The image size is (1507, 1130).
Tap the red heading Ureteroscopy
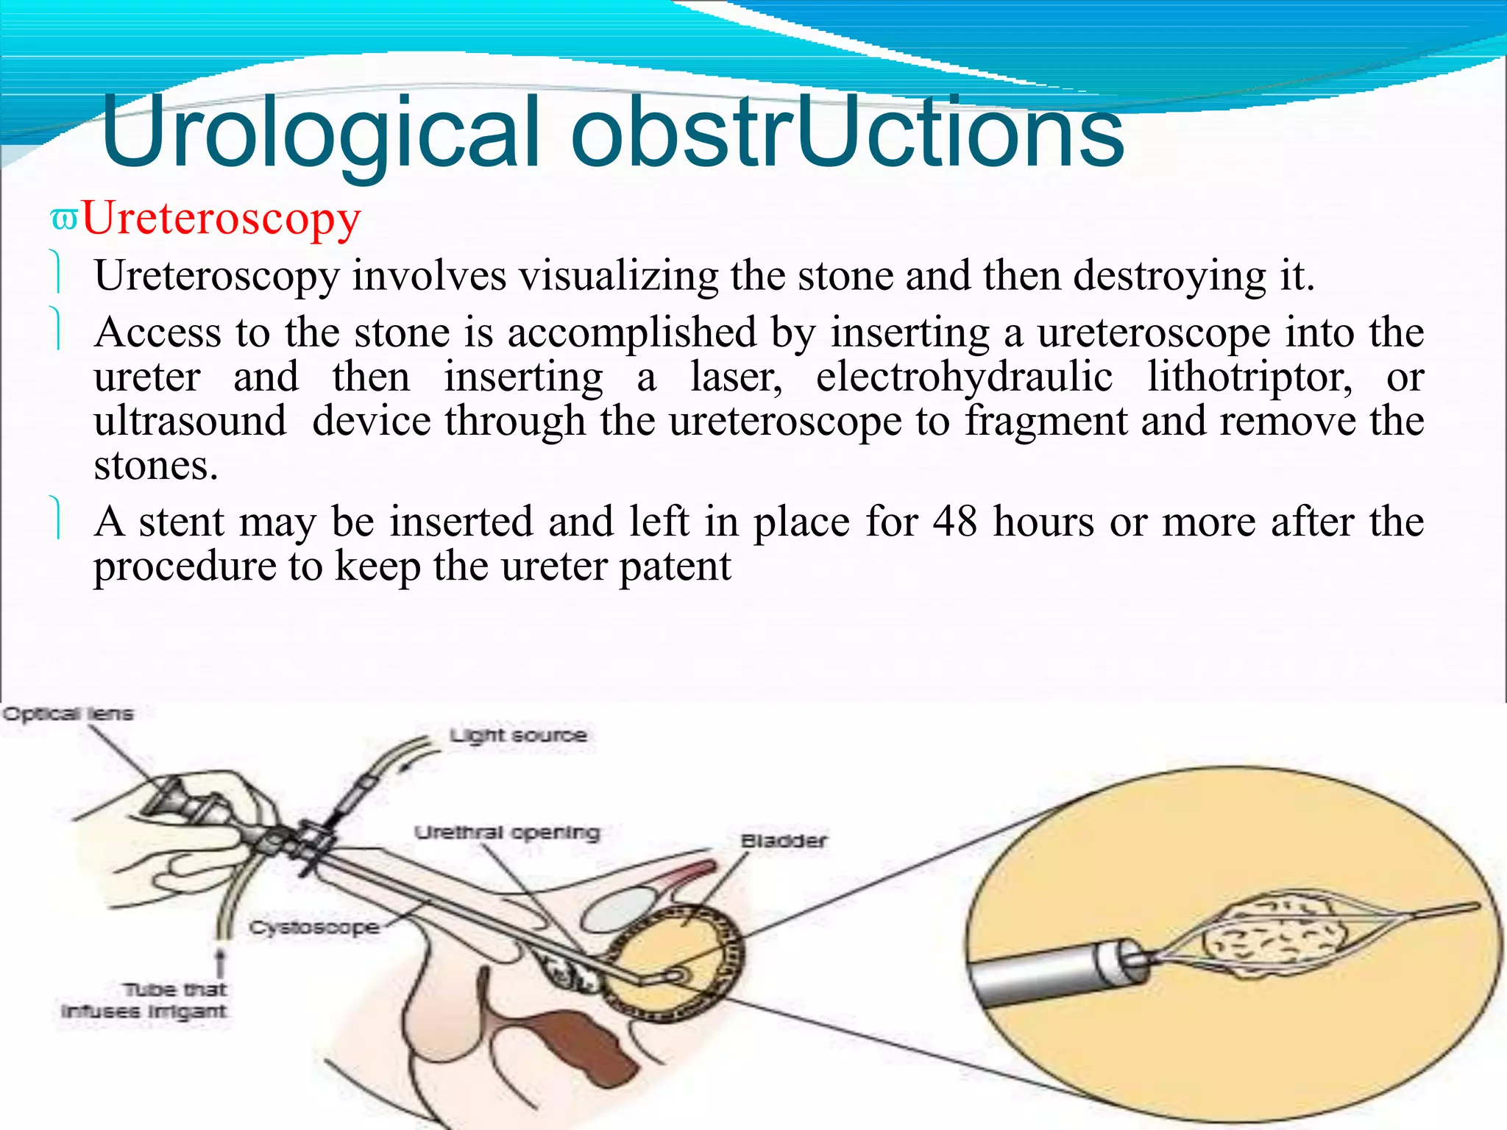click(x=221, y=218)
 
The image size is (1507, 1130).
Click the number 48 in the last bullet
click(x=954, y=522)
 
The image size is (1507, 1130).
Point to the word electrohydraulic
click(x=964, y=377)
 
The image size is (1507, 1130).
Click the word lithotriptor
click(x=1249, y=377)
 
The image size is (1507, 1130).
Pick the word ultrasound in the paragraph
click(x=190, y=422)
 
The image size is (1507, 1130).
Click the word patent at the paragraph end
click(x=675, y=567)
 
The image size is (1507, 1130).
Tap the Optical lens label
click(x=68, y=714)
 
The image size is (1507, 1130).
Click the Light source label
click(x=519, y=735)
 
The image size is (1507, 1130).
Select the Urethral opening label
click(x=508, y=832)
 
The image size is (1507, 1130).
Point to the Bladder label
click(x=784, y=841)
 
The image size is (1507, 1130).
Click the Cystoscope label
click(x=314, y=927)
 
